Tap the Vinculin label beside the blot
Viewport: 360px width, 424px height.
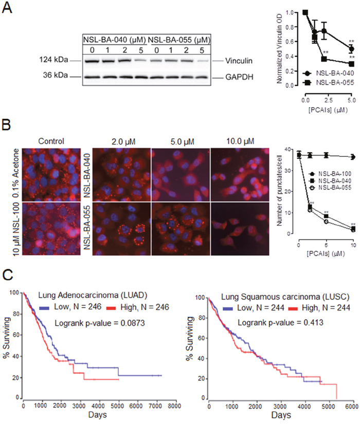(239, 61)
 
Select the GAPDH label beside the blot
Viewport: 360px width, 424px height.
(239, 77)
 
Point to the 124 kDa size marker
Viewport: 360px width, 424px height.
(53, 60)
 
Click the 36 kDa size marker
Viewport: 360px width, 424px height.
(56, 75)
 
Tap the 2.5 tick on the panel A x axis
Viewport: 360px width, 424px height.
(328, 100)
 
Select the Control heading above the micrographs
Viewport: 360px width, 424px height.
(51, 141)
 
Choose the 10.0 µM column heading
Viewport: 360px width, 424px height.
(240, 141)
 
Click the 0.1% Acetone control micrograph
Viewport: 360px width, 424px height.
(51, 174)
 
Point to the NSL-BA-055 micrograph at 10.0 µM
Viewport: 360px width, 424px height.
(240, 229)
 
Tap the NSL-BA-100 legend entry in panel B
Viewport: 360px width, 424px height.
(330, 174)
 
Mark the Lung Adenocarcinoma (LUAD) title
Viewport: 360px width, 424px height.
(93, 295)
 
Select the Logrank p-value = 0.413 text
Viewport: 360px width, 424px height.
(280, 322)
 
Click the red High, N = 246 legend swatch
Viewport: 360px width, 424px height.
(111, 308)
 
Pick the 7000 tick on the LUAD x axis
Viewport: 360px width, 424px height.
(155, 405)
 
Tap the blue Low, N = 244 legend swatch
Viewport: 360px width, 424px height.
(228, 308)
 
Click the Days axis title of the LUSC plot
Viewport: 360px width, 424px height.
(281, 415)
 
